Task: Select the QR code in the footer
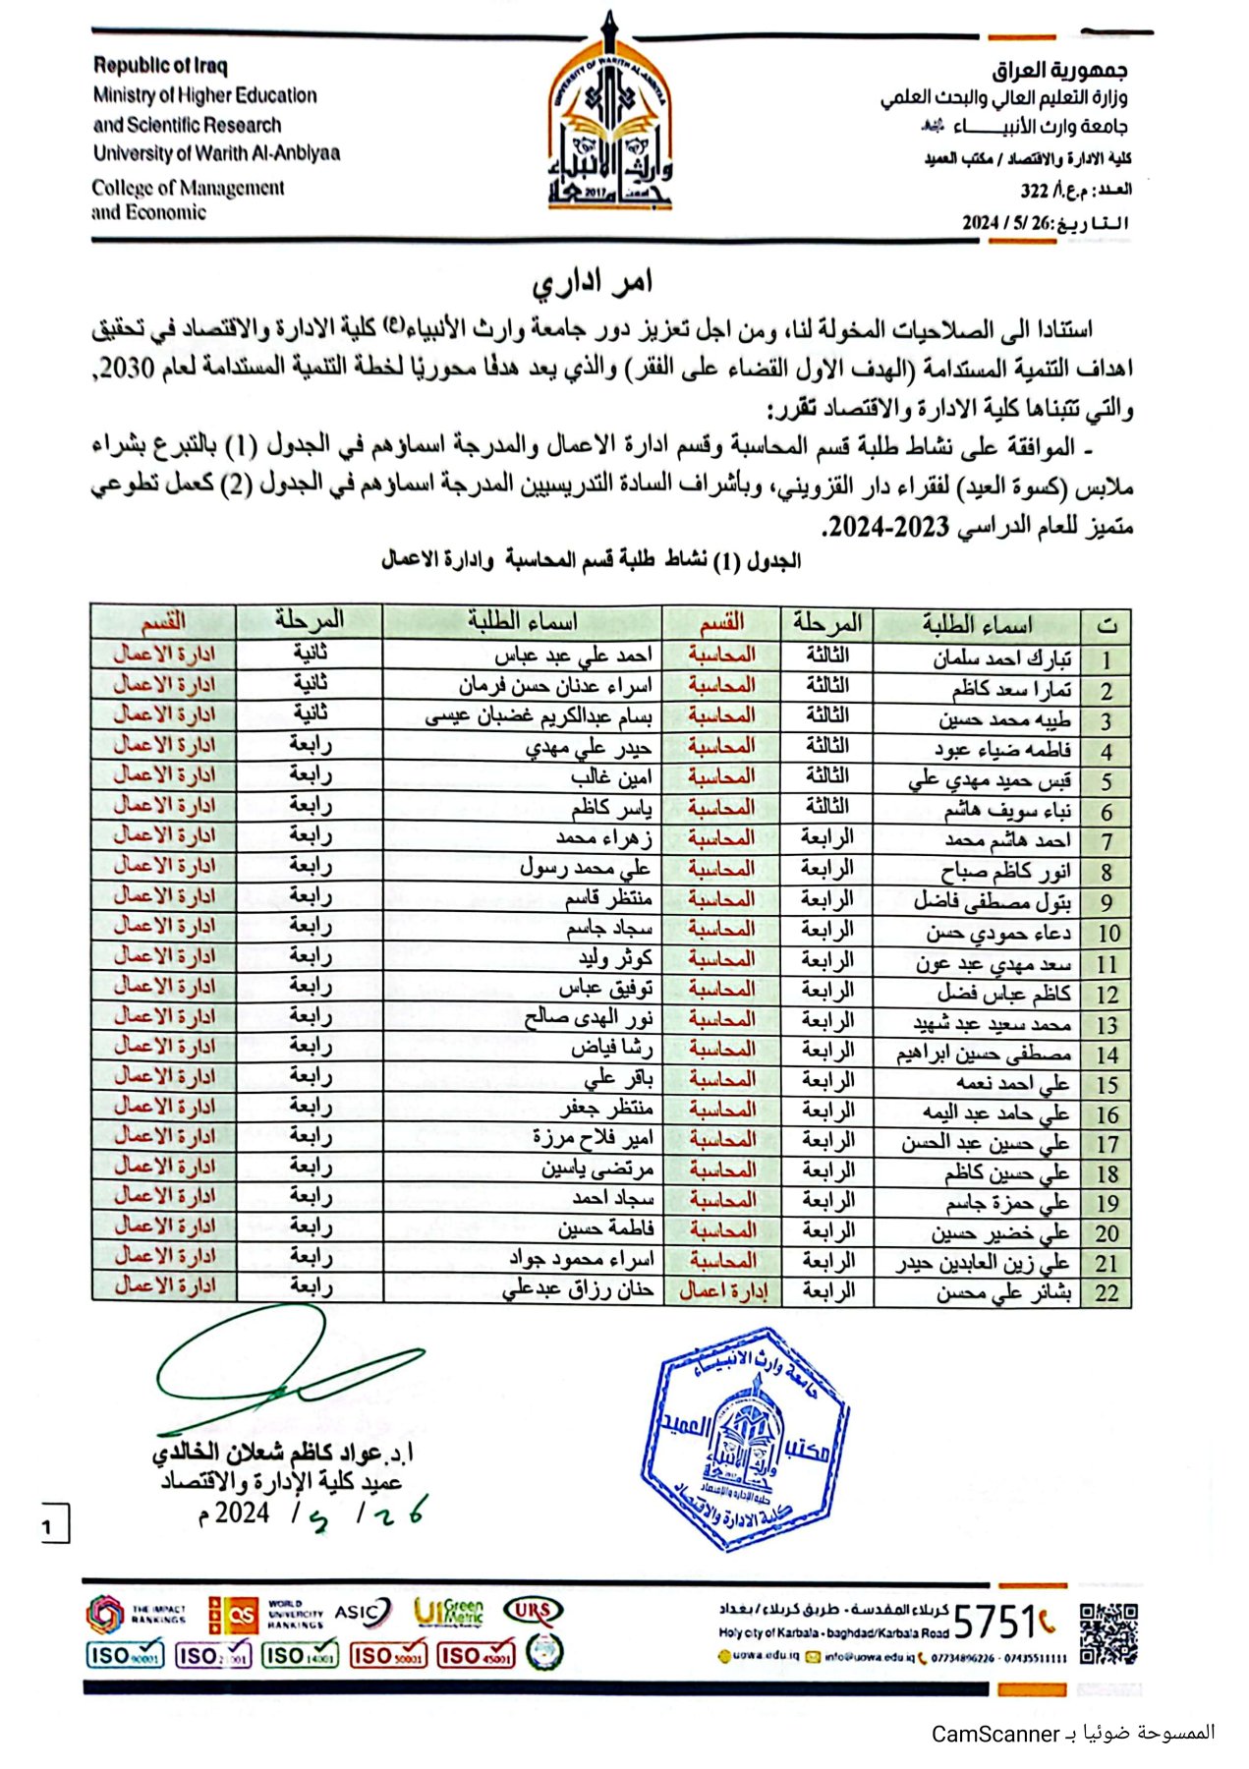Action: pyautogui.click(x=1107, y=1634)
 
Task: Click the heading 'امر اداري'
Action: pyautogui.click(x=593, y=284)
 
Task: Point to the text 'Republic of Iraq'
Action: pyautogui.click(x=160, y=66)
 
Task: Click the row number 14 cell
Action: pyautogui.click(x=1107, y=1056)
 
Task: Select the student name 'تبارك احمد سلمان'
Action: pyautogui.click(x=1001, y=659)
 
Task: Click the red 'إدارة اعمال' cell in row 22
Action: pyautogui.click(x=723, y=1291)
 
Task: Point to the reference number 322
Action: pyautogui.click(x=1034, y=190)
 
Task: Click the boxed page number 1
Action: pyautogui.click(x=49, y=1526)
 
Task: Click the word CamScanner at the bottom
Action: pyautogui.click(x=995, y=1734)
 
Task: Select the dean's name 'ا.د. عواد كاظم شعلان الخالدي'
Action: pyautogui.click(x=283, y=1453)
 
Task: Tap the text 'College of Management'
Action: pyautogui.click(x=188, y=188)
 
